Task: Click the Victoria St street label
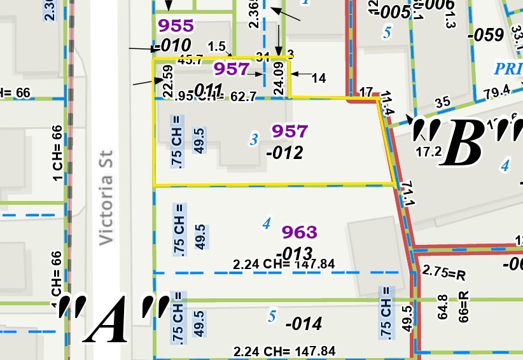click(106, 197)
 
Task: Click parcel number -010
click(171, 45)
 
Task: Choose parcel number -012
click(284, 153)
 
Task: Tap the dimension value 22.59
click(168, 81)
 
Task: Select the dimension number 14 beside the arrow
click(319, 78)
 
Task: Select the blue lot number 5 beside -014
click(272, 315)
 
